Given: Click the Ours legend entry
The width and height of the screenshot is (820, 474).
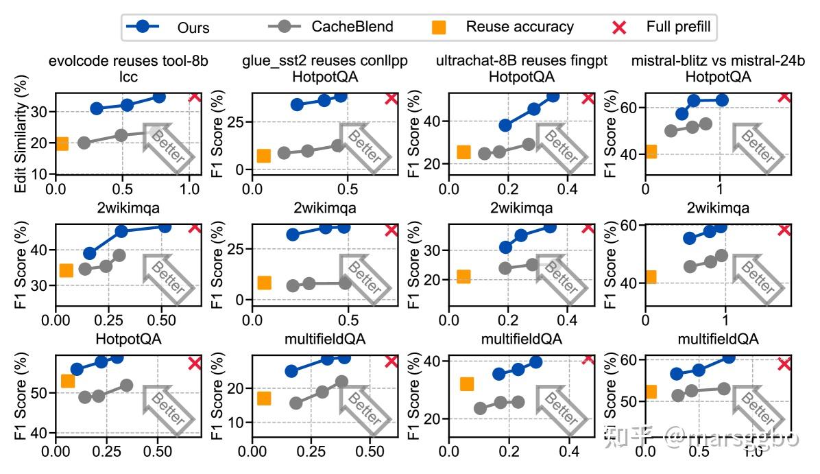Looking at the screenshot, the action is click(168, 27).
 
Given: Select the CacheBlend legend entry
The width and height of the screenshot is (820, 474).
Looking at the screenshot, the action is click(330, 27).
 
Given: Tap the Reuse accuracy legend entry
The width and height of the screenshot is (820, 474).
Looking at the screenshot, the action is click(503, 27).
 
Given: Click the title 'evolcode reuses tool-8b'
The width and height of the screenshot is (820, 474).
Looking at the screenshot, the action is click(128, 60).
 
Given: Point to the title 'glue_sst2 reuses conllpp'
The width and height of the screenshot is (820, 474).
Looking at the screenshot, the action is click(325, 60).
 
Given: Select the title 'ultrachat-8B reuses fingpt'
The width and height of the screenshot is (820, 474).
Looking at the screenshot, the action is click(521, 60).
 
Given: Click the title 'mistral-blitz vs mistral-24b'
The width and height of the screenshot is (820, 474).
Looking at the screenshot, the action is click(718, 60).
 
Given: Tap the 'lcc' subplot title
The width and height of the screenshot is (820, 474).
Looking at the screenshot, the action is click(128, 77).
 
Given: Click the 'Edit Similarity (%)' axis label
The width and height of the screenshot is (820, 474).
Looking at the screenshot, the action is click(21, 134).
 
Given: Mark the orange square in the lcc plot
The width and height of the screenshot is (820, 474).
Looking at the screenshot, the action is click(62, 143).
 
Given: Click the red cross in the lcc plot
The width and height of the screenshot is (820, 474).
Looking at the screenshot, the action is click(195, 96).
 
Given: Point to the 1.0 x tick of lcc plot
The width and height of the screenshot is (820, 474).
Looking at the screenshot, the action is click(190, 189).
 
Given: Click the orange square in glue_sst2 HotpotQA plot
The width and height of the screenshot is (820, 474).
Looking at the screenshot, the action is click(263, 156).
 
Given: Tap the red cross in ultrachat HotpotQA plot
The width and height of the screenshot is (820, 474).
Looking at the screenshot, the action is click(588, 98).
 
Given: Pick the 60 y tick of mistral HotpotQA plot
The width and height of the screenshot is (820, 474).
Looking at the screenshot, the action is click(628, 108).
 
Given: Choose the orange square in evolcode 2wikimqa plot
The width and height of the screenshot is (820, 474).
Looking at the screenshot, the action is click(66, 270).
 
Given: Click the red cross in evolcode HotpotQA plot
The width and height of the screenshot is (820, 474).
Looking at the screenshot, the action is click(195, 363).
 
